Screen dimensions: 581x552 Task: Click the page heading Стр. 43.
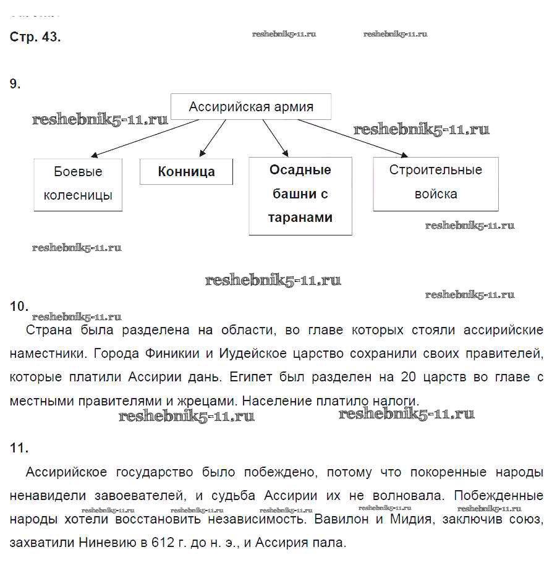coord(35,36)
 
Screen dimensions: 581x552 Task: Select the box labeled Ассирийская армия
coord(251,106)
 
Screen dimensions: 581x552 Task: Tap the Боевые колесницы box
coord(78,184)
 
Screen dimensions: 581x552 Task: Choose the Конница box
coord(186,172)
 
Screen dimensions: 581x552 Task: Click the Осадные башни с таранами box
coord(300,194)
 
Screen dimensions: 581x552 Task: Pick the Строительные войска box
coord(436,182)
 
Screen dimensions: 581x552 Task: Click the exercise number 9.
coord(15,84)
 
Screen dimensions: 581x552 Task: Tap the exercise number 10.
coord(19,307)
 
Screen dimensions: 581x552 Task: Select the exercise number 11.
coord(19,447)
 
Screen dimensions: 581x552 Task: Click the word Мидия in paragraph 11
coord(409,519)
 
